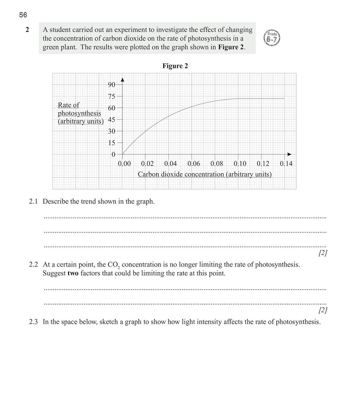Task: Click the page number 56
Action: [23, 15]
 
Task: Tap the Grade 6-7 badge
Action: [272, 38]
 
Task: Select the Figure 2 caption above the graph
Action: [175, 66]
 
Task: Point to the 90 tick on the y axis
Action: [112, 85]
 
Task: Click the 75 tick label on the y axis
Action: [112, 97]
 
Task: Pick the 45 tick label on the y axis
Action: [112, 120]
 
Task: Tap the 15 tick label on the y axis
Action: [112, 143]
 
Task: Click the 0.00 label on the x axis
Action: [124, 164]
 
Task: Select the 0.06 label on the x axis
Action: [194, 164]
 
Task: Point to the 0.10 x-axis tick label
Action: [240, 164]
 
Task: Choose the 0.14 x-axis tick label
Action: [286, 164]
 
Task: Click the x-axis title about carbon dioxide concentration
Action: [205, 174]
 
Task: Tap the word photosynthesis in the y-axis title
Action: [79, 113]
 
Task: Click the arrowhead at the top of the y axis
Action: [122, 80]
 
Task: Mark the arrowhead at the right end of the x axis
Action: [289, 154]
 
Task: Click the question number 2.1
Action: [33, 201]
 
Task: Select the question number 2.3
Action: [33, 322]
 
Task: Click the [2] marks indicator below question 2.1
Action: [322, 253]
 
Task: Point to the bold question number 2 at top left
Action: [27, 30]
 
